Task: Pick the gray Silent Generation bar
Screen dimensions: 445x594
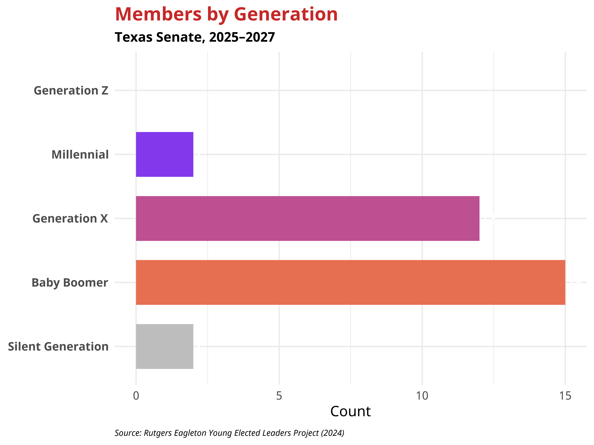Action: click(164, 346)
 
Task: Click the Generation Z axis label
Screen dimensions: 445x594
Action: click(71, 91)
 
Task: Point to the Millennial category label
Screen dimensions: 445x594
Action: click(80, 155)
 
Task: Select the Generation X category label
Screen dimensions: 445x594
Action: click(70, 219)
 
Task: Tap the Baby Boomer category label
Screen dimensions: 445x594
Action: click(70, 283)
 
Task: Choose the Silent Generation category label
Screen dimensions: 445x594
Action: click(58, 347)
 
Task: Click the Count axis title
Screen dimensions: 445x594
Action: click(350, 411)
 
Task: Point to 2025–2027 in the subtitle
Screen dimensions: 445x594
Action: click(242, 37)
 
